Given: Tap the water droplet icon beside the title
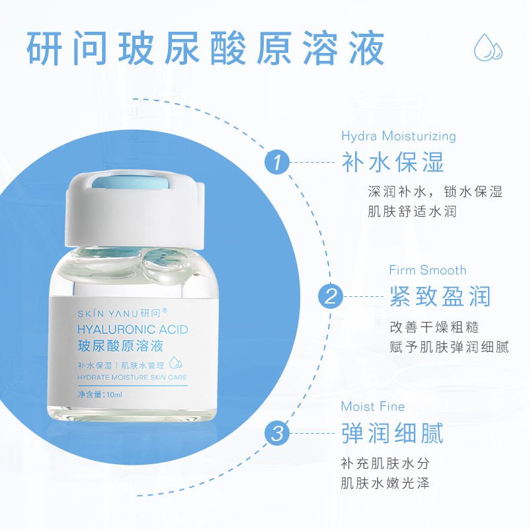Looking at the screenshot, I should click(x=488, y=47).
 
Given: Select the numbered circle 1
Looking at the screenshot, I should click(x=277, y=162).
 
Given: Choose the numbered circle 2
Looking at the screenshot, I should click(x=331, y=295).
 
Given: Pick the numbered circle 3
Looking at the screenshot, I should click(x=277, y=434).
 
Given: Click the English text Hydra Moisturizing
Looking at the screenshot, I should click(x=399, y=136).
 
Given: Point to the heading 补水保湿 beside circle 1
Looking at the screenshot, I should click(x=393, y=162).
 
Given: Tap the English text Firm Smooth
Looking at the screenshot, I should click(x=427, y=270).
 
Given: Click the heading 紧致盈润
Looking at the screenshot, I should click(x=440, y=296).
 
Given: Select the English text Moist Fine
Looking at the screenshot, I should click(x=373, y=406).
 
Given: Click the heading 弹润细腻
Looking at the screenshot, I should click(x=393, y=434).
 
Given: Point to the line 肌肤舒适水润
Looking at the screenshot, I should click(x=413, y=212).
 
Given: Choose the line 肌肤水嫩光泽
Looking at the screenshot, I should click(x=386, y=483).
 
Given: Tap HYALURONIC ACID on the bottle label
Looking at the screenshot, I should click(x=132, y=329).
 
